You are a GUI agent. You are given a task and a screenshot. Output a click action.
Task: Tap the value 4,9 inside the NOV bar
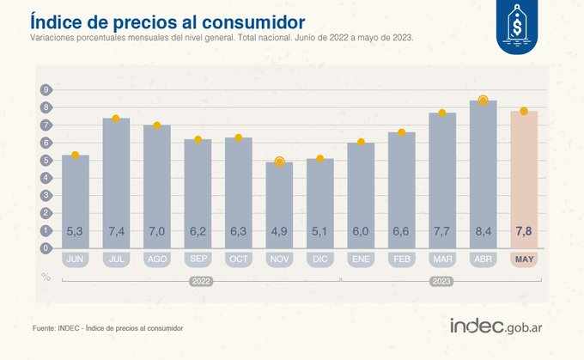279,230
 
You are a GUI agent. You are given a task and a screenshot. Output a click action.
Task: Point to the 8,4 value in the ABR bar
483,230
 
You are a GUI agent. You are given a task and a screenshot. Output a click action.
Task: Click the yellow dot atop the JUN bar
76,155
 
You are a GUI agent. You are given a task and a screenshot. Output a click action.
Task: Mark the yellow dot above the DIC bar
320,158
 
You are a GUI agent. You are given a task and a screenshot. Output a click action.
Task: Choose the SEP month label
198,259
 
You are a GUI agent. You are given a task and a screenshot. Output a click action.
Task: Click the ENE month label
361,259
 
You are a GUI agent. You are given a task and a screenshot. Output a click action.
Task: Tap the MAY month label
524,259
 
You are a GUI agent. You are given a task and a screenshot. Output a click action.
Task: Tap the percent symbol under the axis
46,276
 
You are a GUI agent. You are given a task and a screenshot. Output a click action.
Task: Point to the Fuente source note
107,328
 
